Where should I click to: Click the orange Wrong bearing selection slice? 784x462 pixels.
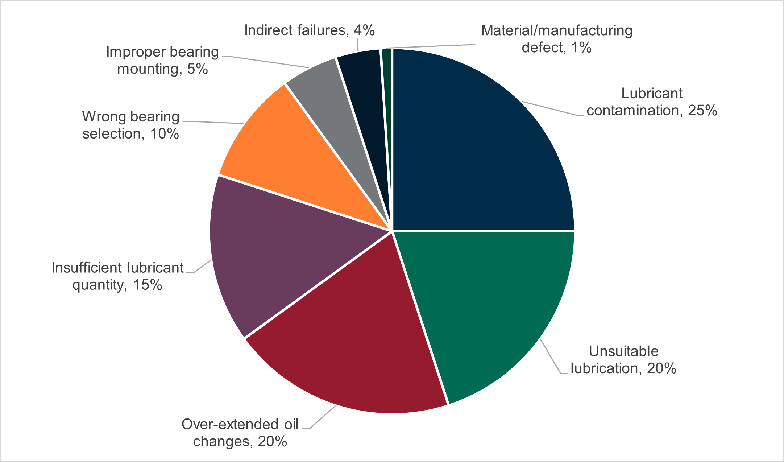coord(290,152)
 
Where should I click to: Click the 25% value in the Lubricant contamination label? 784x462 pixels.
coord(702,111)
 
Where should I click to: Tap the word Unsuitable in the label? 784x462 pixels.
coord(623,351)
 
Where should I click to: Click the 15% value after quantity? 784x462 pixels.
coord(148,285)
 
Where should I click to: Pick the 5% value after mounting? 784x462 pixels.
coord(197,69)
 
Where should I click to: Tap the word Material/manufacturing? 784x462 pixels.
coord(556,30)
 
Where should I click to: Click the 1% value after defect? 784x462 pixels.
coord(581,48)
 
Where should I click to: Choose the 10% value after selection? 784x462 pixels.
coord(165,134)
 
